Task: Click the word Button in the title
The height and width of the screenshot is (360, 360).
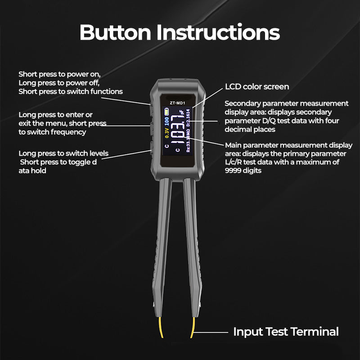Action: (115, 32)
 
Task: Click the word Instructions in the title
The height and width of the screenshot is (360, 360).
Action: (218, 32)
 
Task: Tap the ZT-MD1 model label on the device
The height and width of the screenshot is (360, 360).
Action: (177, 103)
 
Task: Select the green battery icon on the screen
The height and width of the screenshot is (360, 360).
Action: (166, 112)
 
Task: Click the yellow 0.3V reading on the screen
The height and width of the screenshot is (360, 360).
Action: (167, 133)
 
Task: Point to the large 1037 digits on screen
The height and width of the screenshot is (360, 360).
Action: (178, 130)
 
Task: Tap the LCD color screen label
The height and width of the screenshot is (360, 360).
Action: (257, 87)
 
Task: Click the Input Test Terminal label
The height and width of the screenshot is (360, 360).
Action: (286, 332)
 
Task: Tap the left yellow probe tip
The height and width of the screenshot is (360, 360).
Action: (161, 328)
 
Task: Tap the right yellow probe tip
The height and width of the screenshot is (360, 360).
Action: (193, 328)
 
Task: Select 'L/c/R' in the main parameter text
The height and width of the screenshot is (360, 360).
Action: (233, 162)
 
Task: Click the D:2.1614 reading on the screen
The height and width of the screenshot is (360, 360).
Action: (188, 117)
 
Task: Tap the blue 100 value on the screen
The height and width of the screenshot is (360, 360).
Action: (167, 121)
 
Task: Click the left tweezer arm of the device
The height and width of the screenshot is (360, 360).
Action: (162, 248)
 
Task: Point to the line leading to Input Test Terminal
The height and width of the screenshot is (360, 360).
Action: (211, 332)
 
